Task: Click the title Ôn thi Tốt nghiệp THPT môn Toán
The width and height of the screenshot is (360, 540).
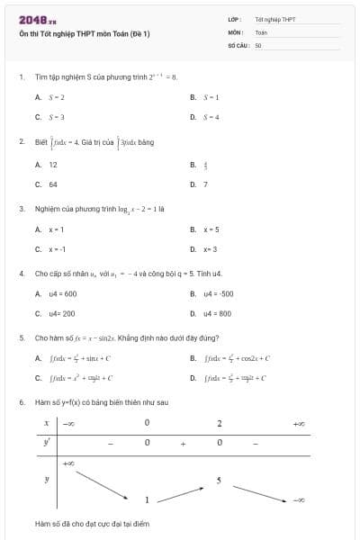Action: click(x=85, y=33)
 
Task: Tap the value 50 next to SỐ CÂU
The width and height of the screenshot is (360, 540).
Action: click(x=258, y=44)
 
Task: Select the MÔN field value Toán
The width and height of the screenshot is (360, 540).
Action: click(x=261, y=31)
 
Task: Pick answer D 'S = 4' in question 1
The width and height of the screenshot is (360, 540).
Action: click(x=211, y=117)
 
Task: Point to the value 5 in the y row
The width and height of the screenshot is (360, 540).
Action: click(x=219, y=481)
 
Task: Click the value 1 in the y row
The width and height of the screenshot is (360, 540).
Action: click(x=147, y=499)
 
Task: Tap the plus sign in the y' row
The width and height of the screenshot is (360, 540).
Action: click(x=183, y=444)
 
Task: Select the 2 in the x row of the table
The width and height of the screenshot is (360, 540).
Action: click(x=219, y=422)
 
